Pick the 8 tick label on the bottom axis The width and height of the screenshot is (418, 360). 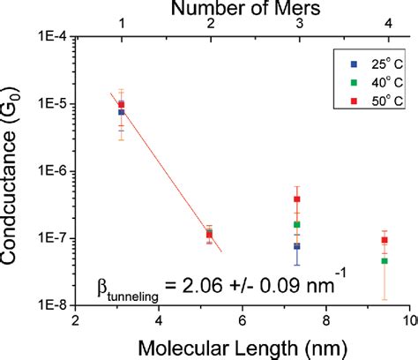click(x=326, y=319)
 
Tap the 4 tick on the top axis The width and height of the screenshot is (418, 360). click(x=385, y=26)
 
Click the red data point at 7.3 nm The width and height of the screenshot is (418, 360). click(x=297, y=199)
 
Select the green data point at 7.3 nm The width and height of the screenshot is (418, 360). click(x=297, y=225)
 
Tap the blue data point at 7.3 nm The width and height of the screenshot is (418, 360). click(x=297, y=246)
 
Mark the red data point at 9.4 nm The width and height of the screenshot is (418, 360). click(x=384, y=240)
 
